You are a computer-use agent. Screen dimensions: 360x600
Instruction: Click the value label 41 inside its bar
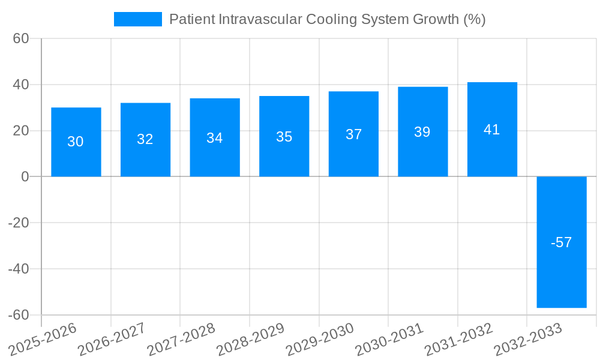(492, 130)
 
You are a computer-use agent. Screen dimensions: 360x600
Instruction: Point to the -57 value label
(562, 242)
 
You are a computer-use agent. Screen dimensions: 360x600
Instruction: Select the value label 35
(284, 137)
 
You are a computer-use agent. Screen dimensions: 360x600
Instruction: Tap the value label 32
(145, 139)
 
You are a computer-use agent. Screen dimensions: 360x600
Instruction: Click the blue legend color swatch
(138, 19)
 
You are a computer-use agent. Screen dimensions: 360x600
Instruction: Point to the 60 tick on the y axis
(21, 38)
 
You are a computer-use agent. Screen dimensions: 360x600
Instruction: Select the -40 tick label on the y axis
(19, 269)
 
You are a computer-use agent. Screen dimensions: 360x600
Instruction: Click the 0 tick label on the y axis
(25, 176)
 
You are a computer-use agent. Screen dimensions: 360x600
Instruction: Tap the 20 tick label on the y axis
(21, 131)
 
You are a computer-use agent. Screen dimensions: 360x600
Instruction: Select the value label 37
(354, 134)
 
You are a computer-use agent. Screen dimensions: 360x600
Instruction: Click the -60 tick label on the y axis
(19, 315)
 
